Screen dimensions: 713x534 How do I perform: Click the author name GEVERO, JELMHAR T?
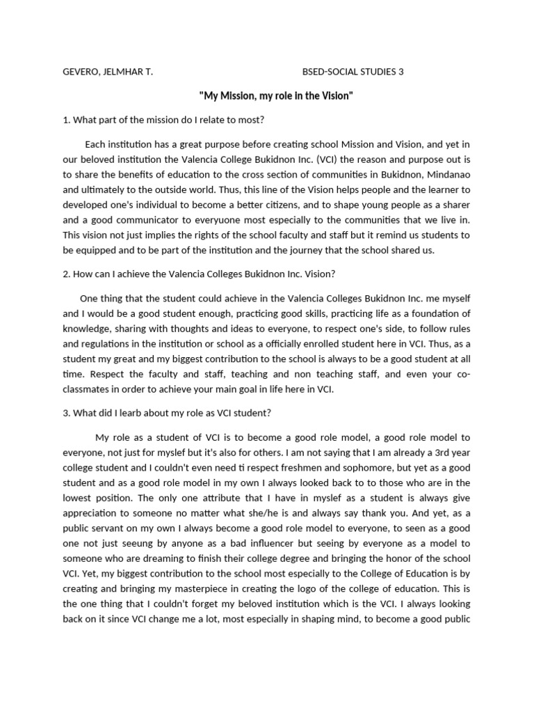click(x=108, y=71)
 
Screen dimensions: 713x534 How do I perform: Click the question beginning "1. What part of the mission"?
click(x=163, y=119)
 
